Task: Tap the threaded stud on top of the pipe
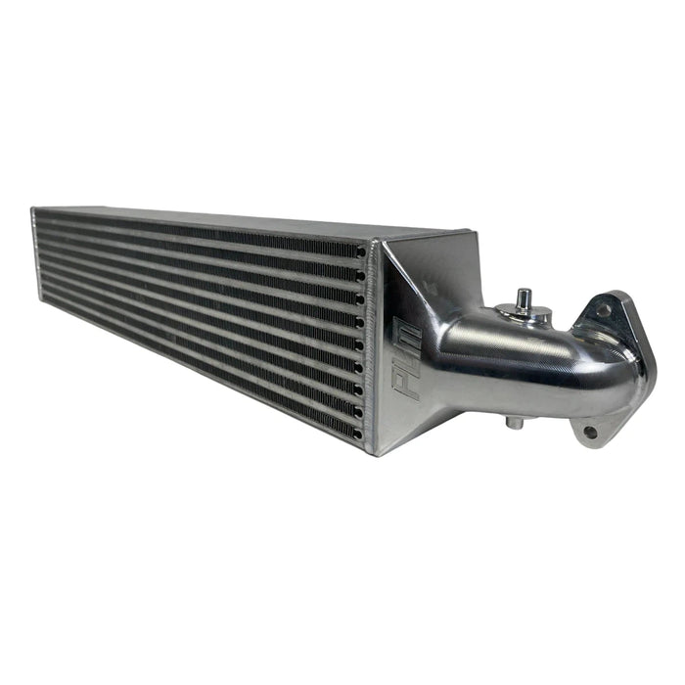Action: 525,297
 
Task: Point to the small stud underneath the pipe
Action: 513,423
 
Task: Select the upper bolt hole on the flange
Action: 604,310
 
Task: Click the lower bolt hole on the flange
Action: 589,431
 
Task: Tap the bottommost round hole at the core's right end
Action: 358,433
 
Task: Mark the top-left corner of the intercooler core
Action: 33,209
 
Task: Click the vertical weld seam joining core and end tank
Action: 370,342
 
